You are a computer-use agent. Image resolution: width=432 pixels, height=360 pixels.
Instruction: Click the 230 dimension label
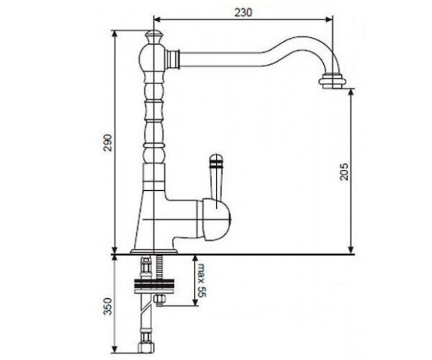point(244,13)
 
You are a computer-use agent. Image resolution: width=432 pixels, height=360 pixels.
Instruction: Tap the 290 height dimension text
point(108,142)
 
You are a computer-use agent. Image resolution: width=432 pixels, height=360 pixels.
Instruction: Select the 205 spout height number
point(344,171)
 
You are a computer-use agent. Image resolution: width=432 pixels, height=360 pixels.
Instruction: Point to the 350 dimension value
point(108,306)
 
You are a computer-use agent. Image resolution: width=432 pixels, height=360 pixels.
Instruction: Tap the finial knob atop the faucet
point(153,37)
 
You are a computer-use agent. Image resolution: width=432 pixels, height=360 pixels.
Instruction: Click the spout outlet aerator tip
point(332,81)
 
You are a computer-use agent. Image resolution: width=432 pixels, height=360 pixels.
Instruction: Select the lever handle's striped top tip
point(216,161)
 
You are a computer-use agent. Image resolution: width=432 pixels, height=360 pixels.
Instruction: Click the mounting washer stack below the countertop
point(154,285)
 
